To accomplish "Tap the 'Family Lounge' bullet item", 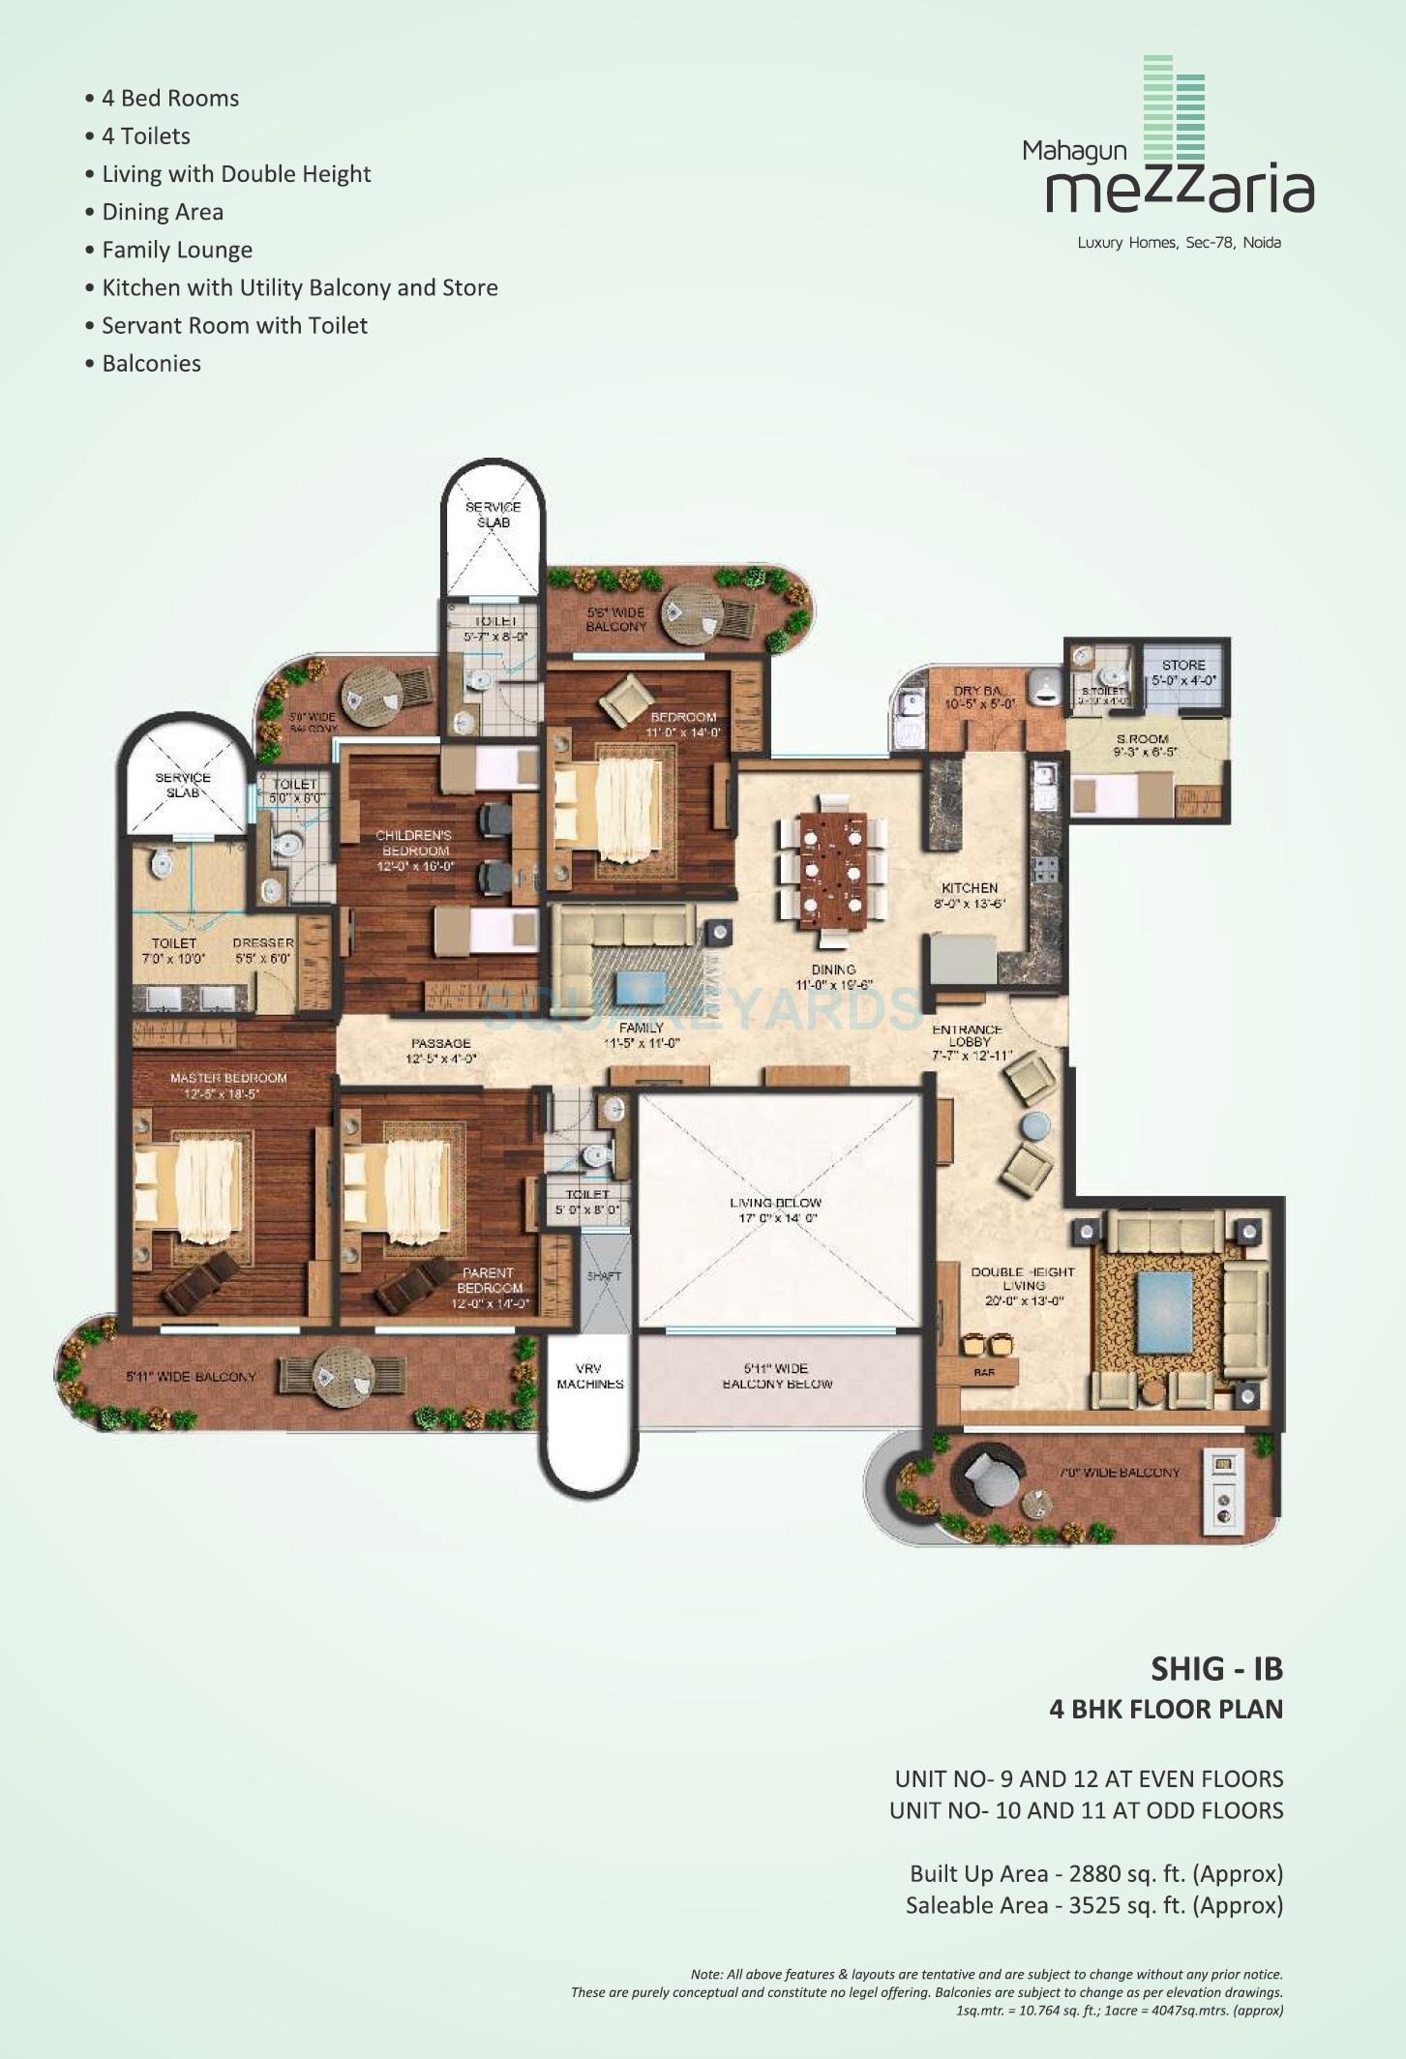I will coord(177,250).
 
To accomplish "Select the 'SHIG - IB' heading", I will coord(1216,1668).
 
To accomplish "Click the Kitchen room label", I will coord(970,888).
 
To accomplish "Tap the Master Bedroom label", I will coord(228,1078).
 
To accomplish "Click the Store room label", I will coord(1183,666).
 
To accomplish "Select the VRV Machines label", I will coord(589,1376).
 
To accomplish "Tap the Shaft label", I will coord(604,1276).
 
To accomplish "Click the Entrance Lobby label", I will coord(969,1035).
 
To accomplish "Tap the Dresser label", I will coord(263,942).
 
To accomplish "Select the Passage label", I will coord(440,1043).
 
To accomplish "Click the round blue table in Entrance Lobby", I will coord(1035,1125).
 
